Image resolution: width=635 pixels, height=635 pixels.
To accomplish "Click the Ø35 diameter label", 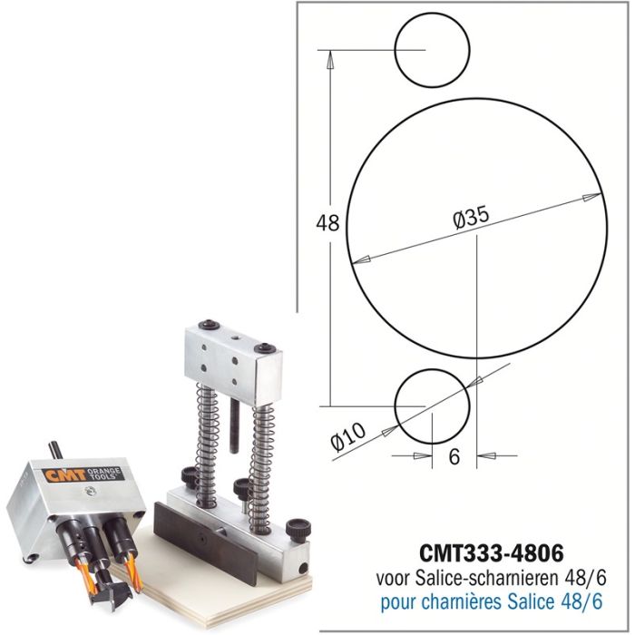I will click(x=470, y=218).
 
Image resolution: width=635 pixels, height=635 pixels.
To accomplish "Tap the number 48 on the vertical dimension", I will click(x=327, y=223).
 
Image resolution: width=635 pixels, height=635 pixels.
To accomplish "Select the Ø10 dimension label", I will click(x=348, y=438).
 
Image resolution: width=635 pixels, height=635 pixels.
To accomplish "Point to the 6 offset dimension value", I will click(x=454, y=457).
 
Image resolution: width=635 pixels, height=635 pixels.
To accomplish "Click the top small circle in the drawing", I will click(x=433, y=49).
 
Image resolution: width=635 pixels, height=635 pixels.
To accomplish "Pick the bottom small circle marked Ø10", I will click(x=433, y=405).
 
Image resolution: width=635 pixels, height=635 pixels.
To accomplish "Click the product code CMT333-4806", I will click(x=492, y=552).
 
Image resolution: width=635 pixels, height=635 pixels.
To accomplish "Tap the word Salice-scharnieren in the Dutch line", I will click(x=482, y=578).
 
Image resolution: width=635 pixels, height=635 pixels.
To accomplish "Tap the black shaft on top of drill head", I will click(x=55, y=449).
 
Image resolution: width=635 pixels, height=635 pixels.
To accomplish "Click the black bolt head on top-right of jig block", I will click(x=265, y=347).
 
